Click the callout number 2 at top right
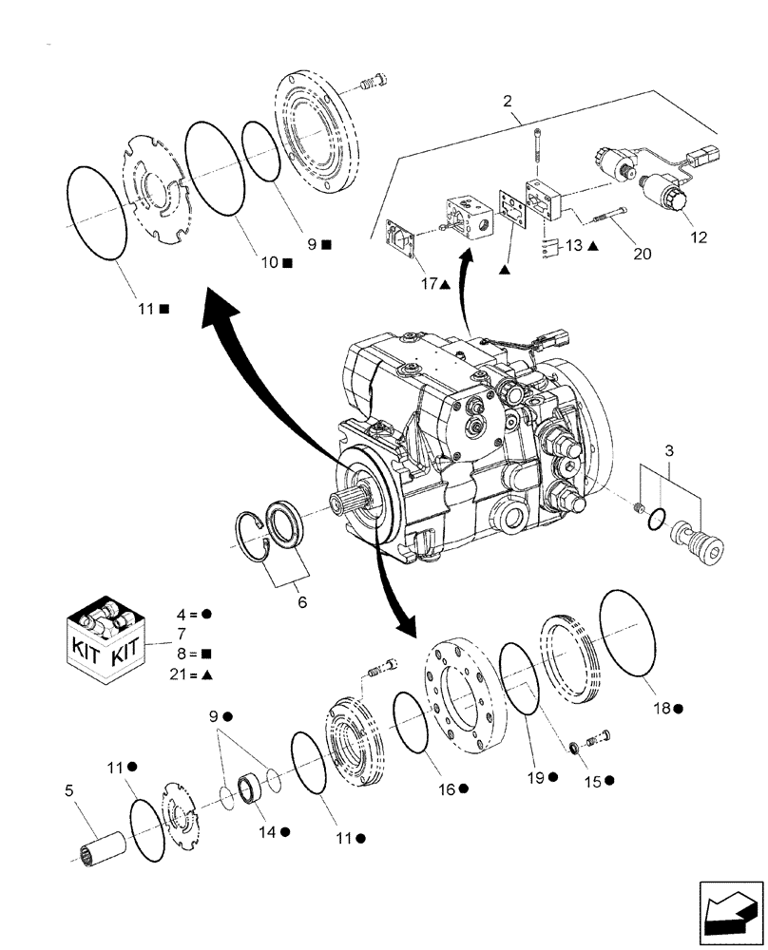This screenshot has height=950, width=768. (x=508, y=100)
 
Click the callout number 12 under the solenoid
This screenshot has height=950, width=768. (x=699, y=237)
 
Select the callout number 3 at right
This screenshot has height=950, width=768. (x=670, y=449)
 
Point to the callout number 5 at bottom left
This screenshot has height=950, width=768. (x=68, y=788)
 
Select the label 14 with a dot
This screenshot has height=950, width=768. (x=272, y=831)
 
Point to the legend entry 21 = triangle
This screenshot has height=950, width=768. (x=191, y=673)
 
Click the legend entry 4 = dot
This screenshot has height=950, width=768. (x=191, y=614)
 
